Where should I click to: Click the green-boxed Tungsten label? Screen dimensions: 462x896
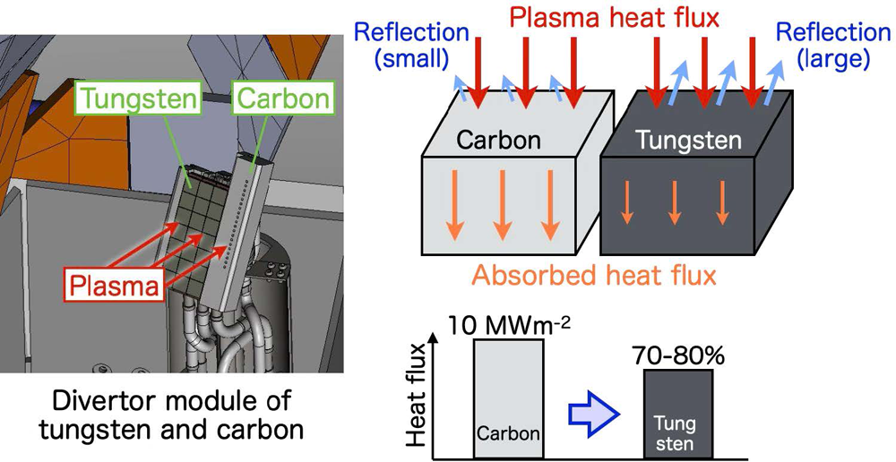pyautogui.click(x=137, y=98)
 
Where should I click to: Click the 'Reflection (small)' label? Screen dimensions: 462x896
pyautogui.click(x=411, y=44)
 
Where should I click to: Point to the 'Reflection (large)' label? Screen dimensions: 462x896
pyautogui.click(x=832, y=44)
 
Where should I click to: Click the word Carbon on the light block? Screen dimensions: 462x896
pyautogui.click(x=499, y=140)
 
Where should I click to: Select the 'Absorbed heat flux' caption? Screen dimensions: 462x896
pyautogui.click(x=594, y=275)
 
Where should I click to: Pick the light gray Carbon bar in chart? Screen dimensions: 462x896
pyautogui.click(x=508, y=398)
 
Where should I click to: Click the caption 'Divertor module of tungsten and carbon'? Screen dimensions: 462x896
pyautogui.click(x=169, y=414)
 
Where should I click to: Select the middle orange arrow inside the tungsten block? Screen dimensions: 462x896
pyautogui.click(x=675, y=202)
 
